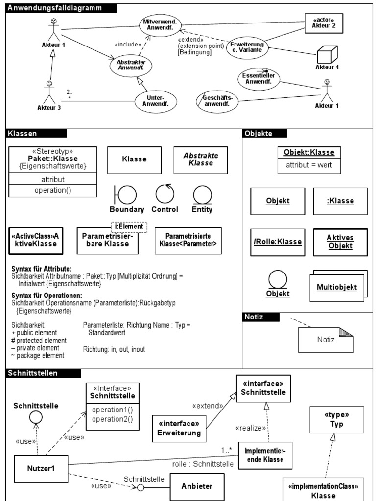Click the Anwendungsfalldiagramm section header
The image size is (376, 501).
61,7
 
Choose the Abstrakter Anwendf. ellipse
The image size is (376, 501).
131,66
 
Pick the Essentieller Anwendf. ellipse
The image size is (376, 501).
258,78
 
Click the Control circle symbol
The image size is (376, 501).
164,194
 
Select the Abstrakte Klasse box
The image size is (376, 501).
201,159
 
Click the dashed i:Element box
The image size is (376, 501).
129,226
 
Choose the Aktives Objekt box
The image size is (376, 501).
340,241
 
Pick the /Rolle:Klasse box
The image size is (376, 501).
277,241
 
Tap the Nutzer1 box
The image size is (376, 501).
41,468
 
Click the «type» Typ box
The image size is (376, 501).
337,419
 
